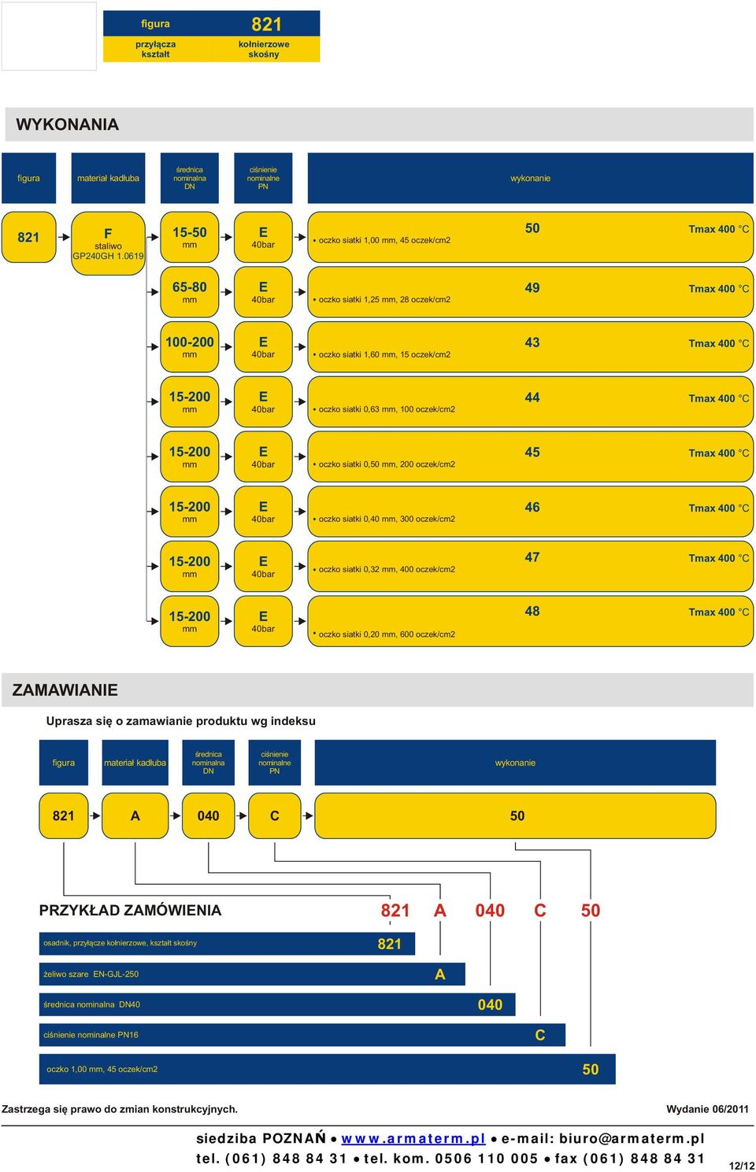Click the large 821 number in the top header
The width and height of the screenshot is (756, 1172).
266,24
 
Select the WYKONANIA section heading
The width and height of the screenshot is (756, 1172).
68,124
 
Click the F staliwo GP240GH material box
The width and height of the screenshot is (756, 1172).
108,243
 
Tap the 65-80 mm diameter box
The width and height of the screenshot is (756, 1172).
190,292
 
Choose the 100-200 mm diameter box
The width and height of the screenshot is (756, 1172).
190,347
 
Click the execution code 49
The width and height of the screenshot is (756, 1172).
532,288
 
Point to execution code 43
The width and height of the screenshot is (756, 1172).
532,342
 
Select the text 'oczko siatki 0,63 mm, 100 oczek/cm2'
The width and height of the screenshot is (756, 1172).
387,409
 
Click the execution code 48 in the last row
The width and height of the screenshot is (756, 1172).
532,611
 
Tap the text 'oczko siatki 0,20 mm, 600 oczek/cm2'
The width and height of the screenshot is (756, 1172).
387,634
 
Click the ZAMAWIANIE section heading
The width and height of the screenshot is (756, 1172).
65,690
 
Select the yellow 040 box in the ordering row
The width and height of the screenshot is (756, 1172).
209,815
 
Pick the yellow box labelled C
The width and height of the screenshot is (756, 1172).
274,815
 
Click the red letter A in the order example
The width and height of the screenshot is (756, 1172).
439,911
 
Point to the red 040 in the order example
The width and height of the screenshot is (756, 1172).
490,911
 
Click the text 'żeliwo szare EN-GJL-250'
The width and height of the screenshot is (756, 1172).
91,974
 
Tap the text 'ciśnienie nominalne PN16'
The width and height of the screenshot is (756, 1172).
91,1034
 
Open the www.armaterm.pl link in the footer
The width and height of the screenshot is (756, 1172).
413,1138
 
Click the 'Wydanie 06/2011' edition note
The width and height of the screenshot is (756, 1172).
707,1109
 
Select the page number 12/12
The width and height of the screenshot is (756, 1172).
742,1165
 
